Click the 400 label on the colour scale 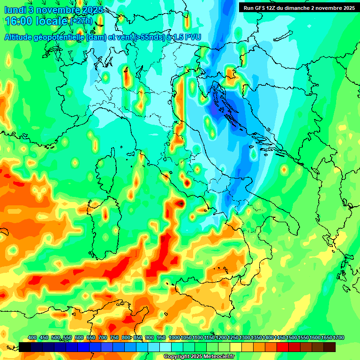[32, 337]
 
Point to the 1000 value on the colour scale [174, 337]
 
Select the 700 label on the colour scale [102, 337]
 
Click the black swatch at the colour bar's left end [25, 347]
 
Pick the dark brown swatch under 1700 [330, 347]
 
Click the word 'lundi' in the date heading [15, 10]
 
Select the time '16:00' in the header [19, 22]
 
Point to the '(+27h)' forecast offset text [82, 22]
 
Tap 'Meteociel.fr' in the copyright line [218, 357]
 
